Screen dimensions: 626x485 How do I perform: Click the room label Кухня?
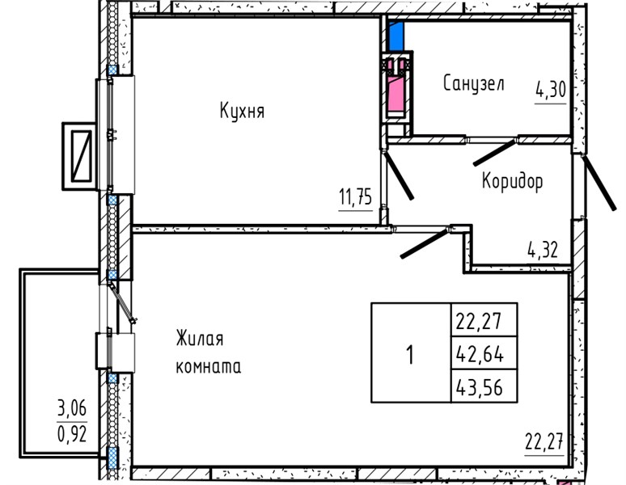(242, 111)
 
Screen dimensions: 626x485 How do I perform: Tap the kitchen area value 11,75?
(355, 197)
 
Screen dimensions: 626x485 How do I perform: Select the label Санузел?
(474, 84)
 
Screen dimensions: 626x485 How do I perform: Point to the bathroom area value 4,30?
(551, 91)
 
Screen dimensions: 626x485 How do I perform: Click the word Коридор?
(512, 182)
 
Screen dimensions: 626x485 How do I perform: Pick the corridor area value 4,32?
(543, 250)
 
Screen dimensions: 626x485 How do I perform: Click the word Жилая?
(200, 339)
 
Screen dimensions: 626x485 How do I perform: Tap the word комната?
(209, 367)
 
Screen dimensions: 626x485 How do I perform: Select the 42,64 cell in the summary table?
(484, 353)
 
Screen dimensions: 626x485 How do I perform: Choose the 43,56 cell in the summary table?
(484, 386)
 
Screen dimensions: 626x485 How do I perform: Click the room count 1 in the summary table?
(410, 355)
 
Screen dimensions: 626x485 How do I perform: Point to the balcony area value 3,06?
(72, 408)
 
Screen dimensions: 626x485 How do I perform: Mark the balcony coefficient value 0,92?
(72, 433)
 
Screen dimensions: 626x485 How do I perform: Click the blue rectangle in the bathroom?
(396, 36)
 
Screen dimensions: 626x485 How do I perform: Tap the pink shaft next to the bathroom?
(396, 95)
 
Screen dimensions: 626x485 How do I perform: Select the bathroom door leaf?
(495, 152)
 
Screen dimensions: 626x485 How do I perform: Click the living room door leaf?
(425, 242)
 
